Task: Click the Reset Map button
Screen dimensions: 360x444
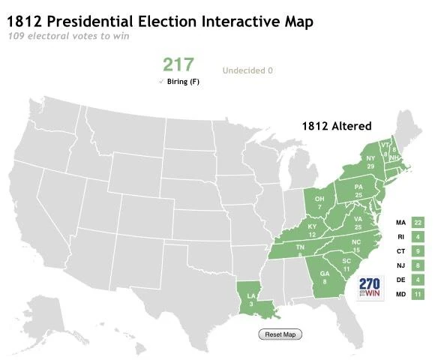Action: [280, 334]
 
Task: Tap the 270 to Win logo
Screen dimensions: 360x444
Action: [370, 289]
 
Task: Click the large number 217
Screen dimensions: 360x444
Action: [179, 64]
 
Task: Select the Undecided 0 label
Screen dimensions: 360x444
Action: [247, 71]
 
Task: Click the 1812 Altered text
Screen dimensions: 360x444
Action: [337, 126]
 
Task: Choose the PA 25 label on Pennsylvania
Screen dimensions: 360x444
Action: [358, 190]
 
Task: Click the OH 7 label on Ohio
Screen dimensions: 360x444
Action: [319, 202]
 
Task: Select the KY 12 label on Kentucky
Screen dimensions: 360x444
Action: [312, 230]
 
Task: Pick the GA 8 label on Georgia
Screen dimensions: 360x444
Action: [324, 278]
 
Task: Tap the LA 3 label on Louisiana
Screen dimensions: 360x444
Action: [252, 298]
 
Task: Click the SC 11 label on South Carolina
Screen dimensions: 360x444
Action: [346, 265]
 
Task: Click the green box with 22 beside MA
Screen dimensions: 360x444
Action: [418, 223]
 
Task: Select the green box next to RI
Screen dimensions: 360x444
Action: [418, 237]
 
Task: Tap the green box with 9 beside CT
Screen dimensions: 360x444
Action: [418, 251]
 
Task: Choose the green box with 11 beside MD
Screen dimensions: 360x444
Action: [418, 294]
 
